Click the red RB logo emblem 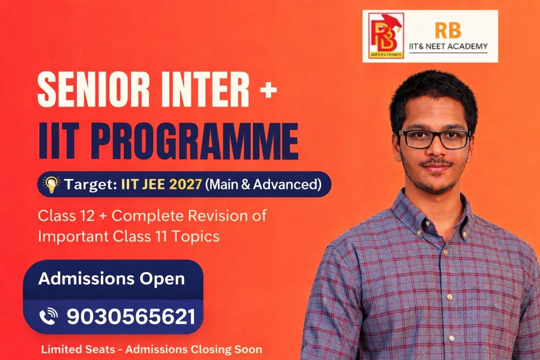click(386, 36)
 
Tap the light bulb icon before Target click(51, 184)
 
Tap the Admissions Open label click(111, 278)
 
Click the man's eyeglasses click(434, 139)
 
